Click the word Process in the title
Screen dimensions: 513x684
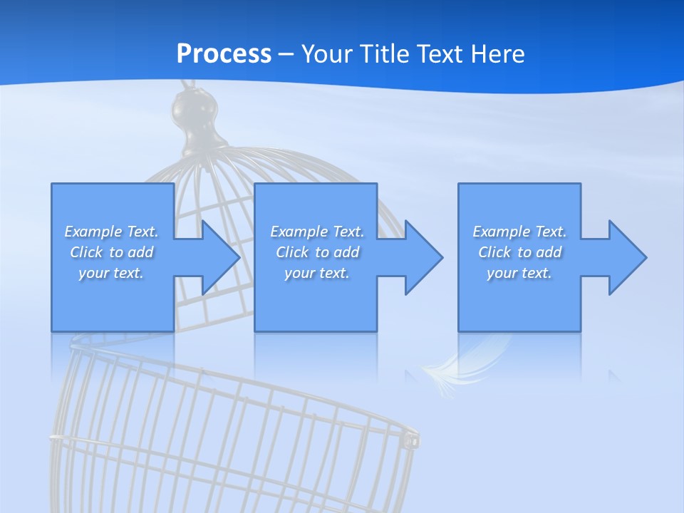point(224,54)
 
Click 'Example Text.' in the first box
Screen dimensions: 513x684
point(111,232)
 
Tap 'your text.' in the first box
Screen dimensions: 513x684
point(111,273)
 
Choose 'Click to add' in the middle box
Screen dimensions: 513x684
point(317,252)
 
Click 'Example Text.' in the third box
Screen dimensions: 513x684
point(519,232)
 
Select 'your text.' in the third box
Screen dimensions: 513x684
point(519,273)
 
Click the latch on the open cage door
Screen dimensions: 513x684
point(412,440)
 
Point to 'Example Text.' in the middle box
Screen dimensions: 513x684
point(317,232)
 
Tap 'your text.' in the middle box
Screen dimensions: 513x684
point(317,273)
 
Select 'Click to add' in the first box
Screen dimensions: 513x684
point(111,252)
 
